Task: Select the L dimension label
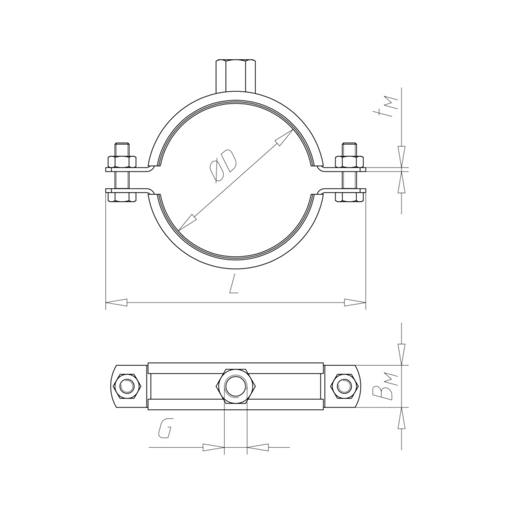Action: tap(234, 284)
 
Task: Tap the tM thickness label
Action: tap(387, 107)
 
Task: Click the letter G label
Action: tap(164, 429)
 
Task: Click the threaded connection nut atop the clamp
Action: tap(235, 76)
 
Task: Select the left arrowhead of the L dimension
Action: tap(116, 302)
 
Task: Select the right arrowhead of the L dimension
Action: tap(355, 302)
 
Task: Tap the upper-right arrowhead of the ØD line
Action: tap(284, 137)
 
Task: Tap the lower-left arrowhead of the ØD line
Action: tap(188, 222)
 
